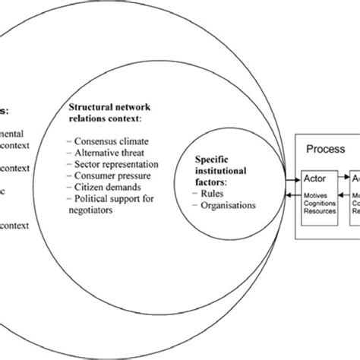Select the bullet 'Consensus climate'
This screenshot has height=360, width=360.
click(112, 141)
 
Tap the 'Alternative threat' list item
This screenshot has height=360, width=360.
click(112, 153)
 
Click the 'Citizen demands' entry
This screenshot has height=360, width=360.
click(109, 187)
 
